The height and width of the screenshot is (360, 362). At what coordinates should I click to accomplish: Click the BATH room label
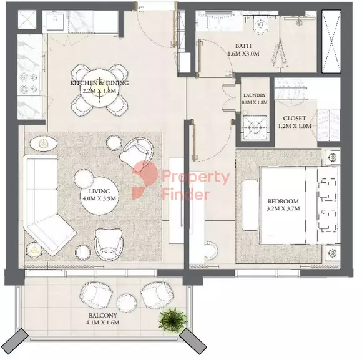pos(243,46)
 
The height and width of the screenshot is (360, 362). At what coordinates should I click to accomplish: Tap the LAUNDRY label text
pos(254,95)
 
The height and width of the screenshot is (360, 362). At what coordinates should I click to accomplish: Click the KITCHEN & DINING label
pos(99,83)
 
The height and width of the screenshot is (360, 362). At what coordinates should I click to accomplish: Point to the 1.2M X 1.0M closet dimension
pos(294,126)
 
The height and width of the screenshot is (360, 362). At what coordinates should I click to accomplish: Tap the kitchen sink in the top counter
pos(59,21)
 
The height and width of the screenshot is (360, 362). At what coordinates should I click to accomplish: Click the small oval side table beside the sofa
pos(43,144)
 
